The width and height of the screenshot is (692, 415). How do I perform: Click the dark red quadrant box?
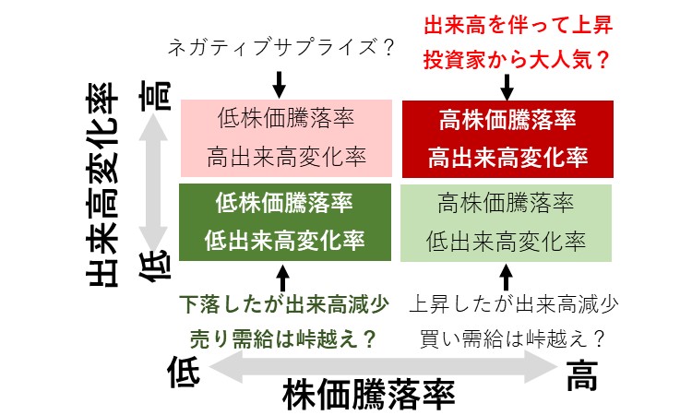pyautogui.click(x=507, y=139)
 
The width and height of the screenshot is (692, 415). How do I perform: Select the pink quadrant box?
pyautogui.click(x=286, y=138)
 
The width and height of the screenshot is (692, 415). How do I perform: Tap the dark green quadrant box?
pyautogui.click(x=285, y=222)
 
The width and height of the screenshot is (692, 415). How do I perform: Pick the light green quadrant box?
pyautogui.click(x=506, y=222)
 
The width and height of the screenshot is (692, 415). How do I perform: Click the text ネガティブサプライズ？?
pyautogui.click(x=280, y=47)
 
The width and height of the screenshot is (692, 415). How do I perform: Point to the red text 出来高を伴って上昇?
pyautogui.click(x=519, y=25)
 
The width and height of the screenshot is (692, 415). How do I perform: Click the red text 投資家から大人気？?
pyautogui.click(x=517, y=60)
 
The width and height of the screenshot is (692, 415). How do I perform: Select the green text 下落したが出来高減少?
pyautogui.click(x=284, y=304)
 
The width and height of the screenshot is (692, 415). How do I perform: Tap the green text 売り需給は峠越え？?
pyautogui.click(x=283, y=339)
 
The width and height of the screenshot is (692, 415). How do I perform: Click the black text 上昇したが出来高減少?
pyautogui.click(x=514, y=304)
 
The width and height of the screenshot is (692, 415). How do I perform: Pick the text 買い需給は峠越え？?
pyautogui.click(x=512, y=339)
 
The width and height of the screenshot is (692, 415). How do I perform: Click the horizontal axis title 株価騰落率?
pyautogui.click(x=369, y=395)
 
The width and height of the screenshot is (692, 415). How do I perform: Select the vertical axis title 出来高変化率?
pyautogui.click(x=101, y=185)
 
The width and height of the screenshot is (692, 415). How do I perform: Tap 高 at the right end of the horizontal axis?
pyautogui.click(x=582, y=375)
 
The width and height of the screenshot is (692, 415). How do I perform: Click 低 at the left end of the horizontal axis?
pyautogui.click(x=184, y=372)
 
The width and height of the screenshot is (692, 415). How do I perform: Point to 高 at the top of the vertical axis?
pyautogui.click(x=155, y=96)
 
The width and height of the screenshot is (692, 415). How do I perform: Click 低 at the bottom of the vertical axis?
pyautogui.click(x=155, y=266)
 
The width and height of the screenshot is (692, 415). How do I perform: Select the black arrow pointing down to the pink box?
pyautogui.click(x=279, y=85)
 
